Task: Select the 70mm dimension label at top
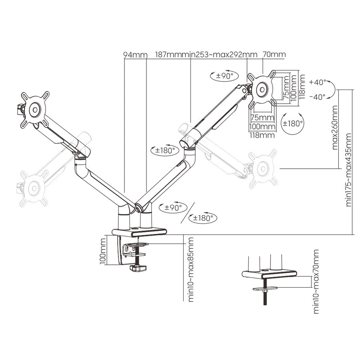(274, 54)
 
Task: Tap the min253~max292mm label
(221, 55)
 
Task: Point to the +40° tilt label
(318, 82)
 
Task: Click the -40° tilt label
(318, 97)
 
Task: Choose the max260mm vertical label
(335, 128)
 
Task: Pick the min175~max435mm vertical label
(348, 170)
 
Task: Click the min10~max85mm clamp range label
(191, 270)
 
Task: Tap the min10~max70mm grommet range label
(316, 282)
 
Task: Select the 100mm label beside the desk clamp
(103, 251)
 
